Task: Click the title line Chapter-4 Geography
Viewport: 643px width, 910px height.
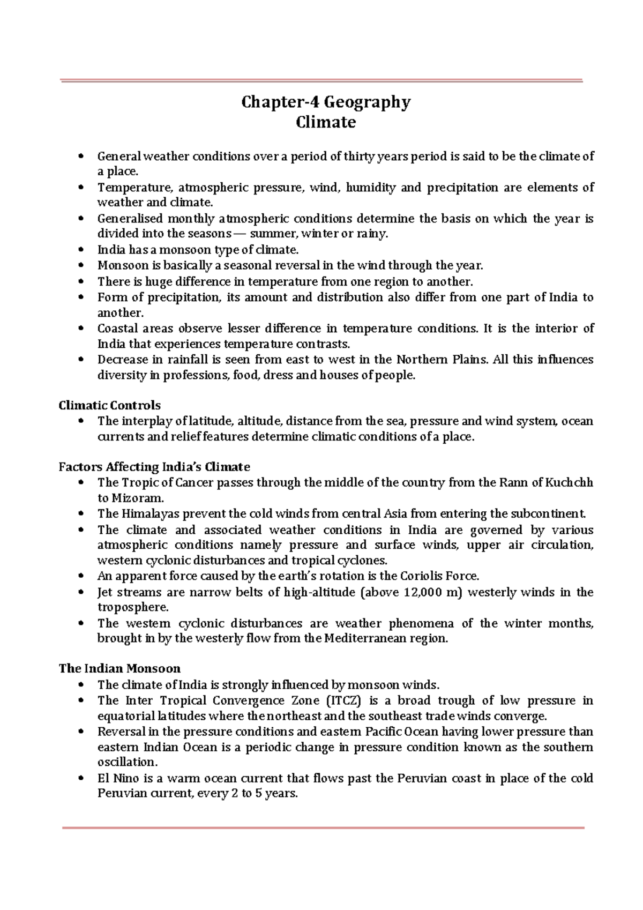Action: click(326, 102)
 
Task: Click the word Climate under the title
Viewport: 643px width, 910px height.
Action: click(326, 123)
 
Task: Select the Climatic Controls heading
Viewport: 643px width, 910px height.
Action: click(109, 406)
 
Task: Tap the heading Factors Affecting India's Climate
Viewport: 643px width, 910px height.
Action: click(154, 467)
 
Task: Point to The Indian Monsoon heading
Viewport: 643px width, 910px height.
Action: click(119, 668)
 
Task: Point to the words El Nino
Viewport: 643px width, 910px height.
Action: click(118, 778)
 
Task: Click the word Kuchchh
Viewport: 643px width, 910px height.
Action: click(569, 482)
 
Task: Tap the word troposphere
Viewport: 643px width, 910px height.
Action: click(132, 608)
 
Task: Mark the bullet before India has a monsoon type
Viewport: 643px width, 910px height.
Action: click(81, 250)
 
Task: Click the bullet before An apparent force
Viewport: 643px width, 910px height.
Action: click(81, 577)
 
